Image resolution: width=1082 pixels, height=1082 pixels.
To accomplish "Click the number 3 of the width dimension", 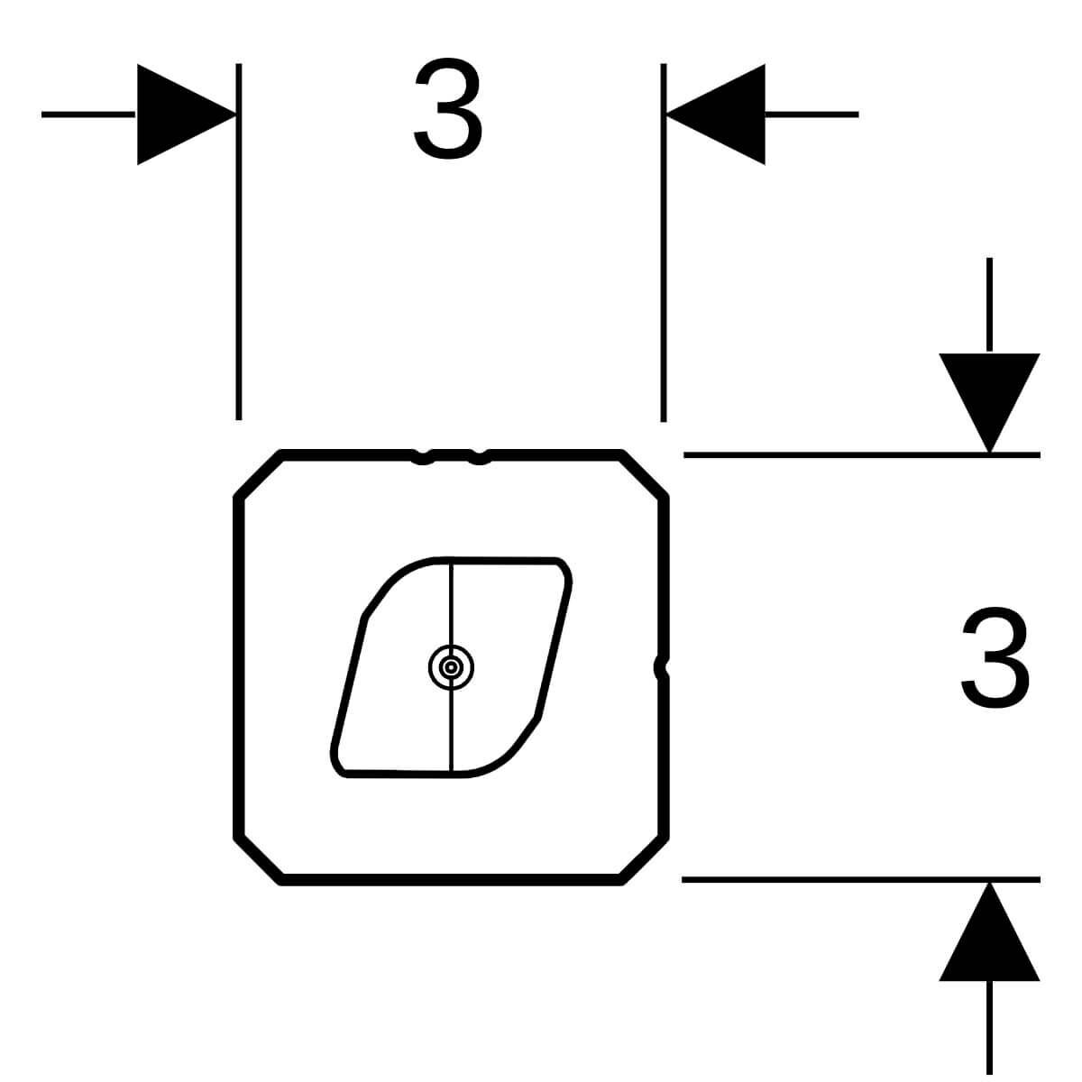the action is [447, 108].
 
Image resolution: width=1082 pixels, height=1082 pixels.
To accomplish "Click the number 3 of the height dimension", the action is [995, 658].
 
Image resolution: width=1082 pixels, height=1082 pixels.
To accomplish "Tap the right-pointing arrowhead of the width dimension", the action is [187, 115].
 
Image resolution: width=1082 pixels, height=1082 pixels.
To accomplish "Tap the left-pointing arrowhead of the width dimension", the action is [716, 115].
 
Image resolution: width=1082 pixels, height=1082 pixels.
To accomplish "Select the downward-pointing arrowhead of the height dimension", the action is [989, 402].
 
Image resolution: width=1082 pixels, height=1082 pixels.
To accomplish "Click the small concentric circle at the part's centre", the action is [451, 667].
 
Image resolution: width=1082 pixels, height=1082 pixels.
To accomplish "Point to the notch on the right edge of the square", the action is [662, 667].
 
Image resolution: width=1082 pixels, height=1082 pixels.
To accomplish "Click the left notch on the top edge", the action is [422, 457].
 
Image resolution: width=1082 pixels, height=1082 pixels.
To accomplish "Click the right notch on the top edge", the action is [479, 457].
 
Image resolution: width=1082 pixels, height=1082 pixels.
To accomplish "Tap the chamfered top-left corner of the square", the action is [258, 474].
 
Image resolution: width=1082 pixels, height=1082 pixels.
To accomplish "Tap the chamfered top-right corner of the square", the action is [644, 474].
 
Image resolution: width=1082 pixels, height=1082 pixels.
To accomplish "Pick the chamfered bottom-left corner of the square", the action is [258, 861].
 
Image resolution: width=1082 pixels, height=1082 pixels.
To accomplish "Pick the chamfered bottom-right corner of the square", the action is [644, 861].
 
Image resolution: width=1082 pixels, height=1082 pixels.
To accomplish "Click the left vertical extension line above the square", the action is [239, 242].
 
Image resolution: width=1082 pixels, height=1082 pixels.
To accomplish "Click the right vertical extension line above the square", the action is [663, 243].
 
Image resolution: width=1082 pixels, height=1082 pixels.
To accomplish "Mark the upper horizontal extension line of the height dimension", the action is [862, 454].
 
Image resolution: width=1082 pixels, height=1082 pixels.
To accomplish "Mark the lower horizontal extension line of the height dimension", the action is [861, 880].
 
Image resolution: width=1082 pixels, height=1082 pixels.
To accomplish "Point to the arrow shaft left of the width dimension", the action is [88, 115].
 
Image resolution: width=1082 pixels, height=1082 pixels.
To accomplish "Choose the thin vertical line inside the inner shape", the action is [452, 667].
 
